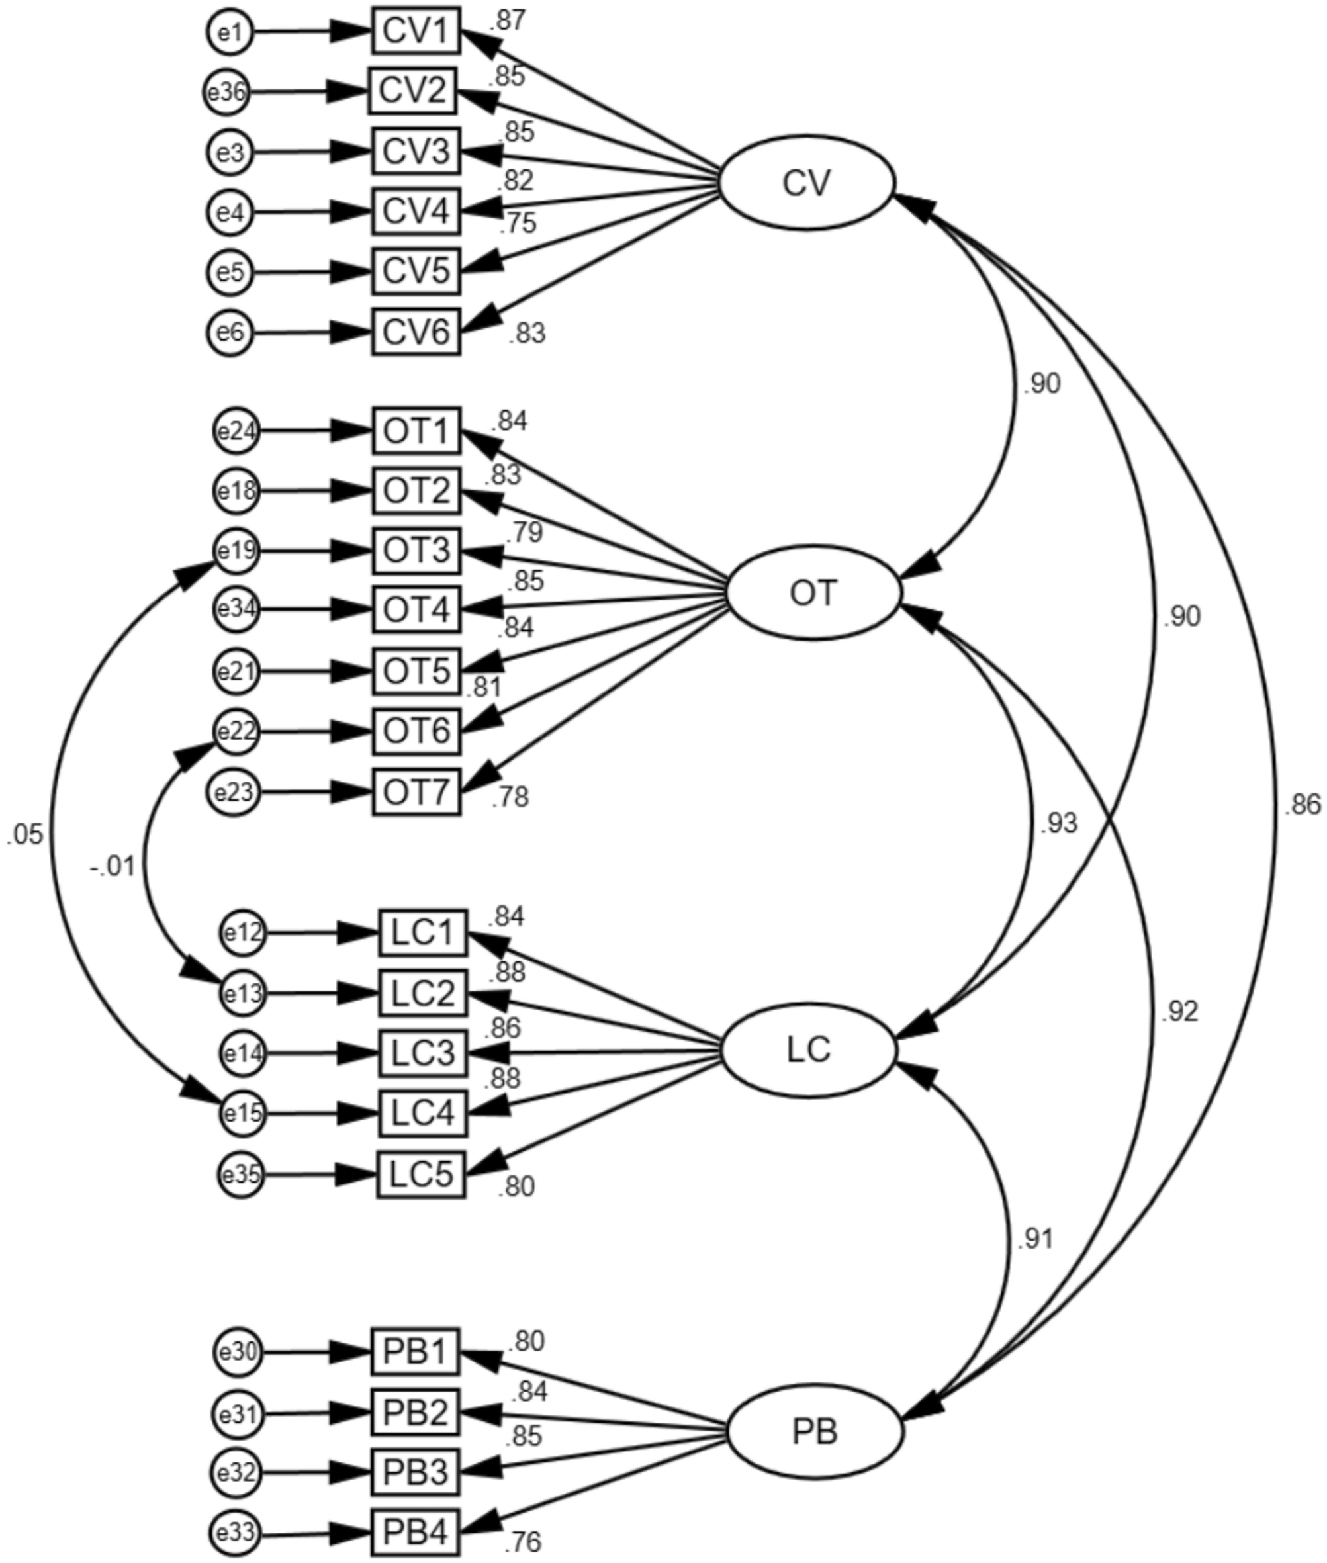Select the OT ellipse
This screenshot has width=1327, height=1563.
pos(813,594)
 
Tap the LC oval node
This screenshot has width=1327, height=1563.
pos(809,1051)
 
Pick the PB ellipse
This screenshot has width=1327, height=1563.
pos(815,1433)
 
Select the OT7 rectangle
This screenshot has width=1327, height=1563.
pos(416,792)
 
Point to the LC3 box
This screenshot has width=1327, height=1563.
pos(422,1053)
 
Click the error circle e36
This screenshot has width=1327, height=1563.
pos(226,93)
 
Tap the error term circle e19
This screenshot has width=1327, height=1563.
pos(236,551)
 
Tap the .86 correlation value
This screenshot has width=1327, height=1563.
pos(1301,805)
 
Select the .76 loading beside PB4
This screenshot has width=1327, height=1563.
pos(522,1542)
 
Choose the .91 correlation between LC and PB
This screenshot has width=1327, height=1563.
pos(1034,1239)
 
